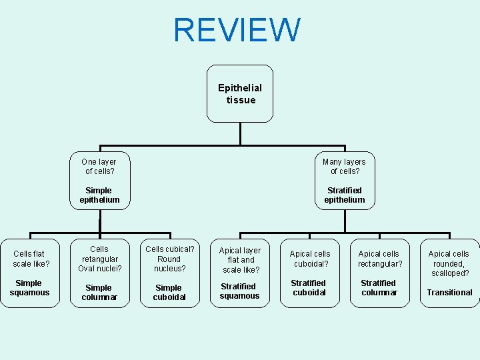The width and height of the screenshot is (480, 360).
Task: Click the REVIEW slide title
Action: coord(237,31)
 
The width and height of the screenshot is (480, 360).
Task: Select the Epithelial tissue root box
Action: coord(240,93)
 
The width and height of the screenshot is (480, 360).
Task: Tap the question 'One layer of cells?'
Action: coord(99,167)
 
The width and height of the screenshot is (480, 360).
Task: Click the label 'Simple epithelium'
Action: coord(99,195)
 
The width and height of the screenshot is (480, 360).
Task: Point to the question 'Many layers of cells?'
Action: coord(344,167)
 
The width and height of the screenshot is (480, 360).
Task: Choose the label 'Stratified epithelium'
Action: coord(345,195)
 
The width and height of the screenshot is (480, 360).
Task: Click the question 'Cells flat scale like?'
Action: coord(29,259)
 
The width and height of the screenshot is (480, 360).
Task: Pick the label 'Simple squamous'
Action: coord(29,287)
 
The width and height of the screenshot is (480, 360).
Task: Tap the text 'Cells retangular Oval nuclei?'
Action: coord(99,259)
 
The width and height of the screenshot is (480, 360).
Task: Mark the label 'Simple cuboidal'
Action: coord(169,292)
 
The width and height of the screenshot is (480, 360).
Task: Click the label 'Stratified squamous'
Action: coord(239,291)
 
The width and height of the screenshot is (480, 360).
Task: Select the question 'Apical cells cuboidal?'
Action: coord(310,259)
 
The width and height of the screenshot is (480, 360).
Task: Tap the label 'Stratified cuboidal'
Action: coord(309,287)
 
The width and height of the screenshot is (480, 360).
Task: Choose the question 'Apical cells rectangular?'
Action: coord(379,259)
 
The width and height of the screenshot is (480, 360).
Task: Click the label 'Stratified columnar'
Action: coord(378,287)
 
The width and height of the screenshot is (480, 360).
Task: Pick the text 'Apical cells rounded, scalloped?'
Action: coord(449,263)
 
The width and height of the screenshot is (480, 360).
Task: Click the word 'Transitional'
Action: coord(449,292)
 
